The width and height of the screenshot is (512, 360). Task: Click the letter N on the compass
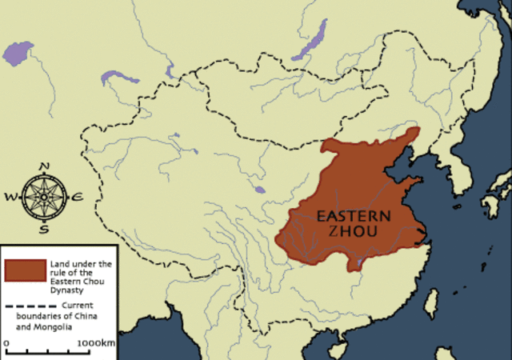(x=45, y=166)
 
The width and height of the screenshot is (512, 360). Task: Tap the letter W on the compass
(x=10, y=195)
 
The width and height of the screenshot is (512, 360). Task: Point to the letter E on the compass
(x=77, y=195)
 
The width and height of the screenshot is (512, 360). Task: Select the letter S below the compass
(x=44, y=229)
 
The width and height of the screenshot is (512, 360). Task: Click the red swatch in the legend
(x=24, y=270)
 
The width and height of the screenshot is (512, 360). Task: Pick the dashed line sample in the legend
(x=24, y=306)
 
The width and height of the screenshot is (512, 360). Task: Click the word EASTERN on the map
(x=354, y=216)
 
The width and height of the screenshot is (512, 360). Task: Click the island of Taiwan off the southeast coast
(x=430, y=302)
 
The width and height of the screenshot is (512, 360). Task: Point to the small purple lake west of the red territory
(x=259, y=190)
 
